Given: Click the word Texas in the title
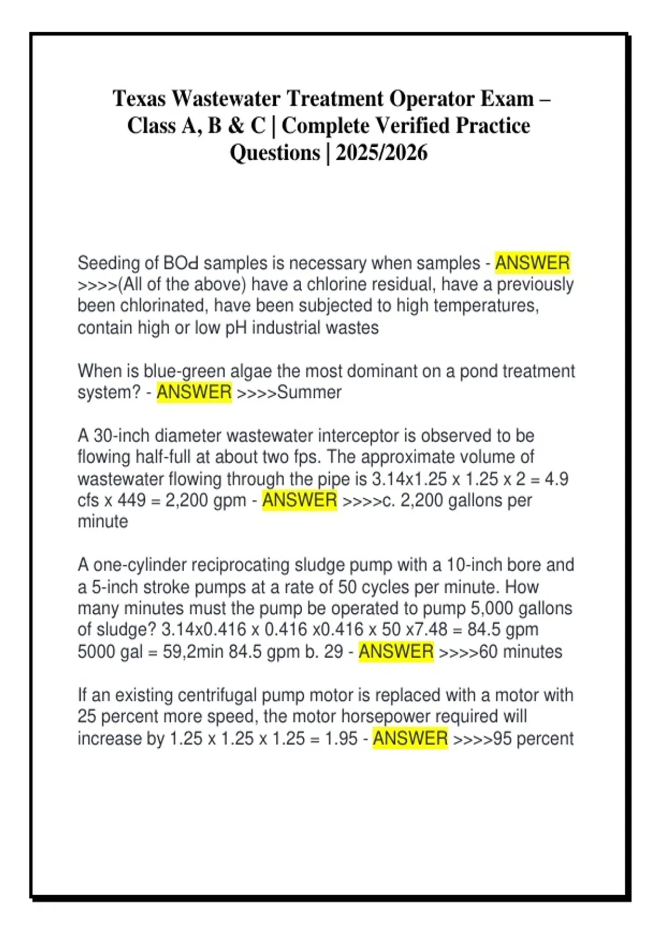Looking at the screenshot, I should (139, 99).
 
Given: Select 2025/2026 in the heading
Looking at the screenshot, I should (382, 153).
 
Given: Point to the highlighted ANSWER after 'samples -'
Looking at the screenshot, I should (532, 263).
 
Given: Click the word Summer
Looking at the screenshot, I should (309, 392).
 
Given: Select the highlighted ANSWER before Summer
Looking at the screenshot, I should (194, 392).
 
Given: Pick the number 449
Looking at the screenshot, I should (131, 500).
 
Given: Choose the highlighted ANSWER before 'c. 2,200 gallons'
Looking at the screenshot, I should (299, 500).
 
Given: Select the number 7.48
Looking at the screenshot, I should (431, 630).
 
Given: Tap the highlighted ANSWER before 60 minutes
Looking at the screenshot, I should (396, 652).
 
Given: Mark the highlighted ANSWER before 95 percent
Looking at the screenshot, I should (410, 739).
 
